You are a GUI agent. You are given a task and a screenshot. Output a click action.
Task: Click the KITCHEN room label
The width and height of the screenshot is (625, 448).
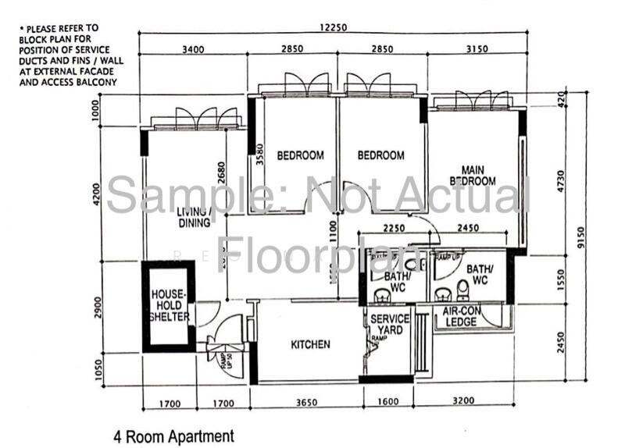pos(310,344)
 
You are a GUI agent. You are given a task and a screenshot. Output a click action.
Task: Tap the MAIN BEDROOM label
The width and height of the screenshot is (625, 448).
pos(478,176)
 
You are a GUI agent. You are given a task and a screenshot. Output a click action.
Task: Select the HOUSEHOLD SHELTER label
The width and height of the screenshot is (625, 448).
pos(170,305)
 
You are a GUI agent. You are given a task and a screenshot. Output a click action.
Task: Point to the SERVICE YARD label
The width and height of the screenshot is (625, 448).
pos(390,325)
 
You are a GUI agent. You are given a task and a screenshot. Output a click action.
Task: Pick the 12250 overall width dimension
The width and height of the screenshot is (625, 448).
pos(333,27)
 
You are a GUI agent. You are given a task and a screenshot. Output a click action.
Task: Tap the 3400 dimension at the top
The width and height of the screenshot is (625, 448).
pos(193,49)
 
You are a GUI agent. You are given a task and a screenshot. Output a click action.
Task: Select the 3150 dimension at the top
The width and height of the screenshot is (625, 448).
pos(476,49)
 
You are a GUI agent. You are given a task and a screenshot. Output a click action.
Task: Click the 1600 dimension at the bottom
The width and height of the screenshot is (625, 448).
pos(386,404)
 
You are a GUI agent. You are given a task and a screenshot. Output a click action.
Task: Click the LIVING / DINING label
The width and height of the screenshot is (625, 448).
pos(194,217)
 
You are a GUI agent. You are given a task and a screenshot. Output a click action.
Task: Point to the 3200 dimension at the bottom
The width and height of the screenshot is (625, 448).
pos(461,404)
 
